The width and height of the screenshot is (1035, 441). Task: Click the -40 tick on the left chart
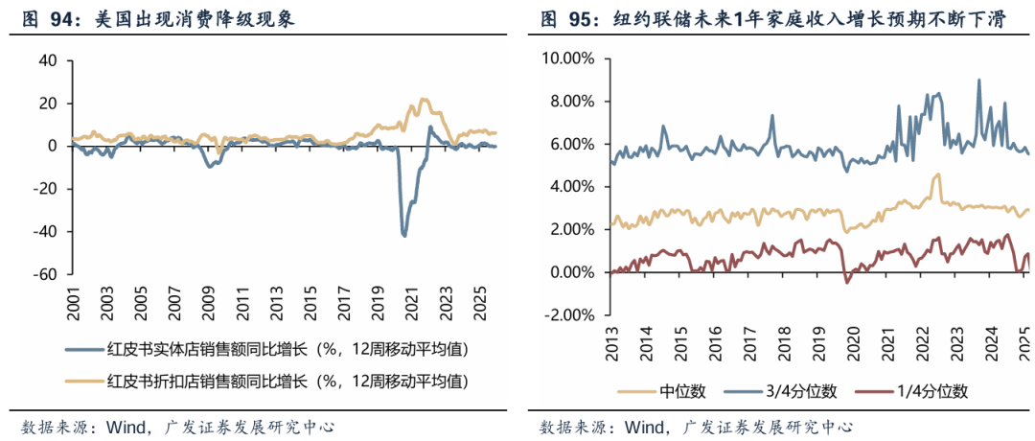[x=45, y=231]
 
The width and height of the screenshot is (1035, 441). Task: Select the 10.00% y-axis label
[x=569, y=58]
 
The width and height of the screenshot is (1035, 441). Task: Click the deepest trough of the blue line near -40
[x=403, y=235]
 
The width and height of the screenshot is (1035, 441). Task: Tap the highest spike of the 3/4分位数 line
[x=978, y=80]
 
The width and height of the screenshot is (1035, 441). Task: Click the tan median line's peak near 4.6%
[x=938, y=174]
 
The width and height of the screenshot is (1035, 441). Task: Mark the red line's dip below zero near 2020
[x=847, y=282]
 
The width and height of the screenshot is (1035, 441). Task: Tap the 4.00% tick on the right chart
[x=572, y=187]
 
